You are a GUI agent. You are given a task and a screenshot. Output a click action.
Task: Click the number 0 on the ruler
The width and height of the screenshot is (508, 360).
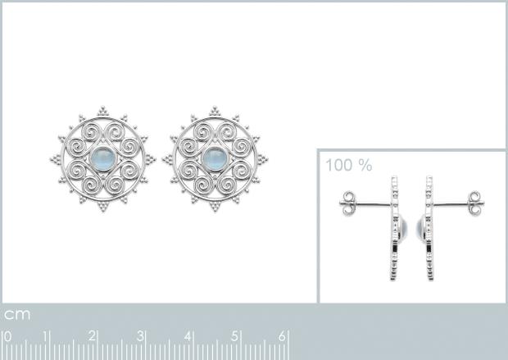[x=7, y=336]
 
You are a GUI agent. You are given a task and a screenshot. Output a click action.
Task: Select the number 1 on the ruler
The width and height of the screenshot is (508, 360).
[x=47, y=336]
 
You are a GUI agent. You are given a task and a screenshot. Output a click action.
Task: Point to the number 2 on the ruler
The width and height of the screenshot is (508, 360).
[x=92, y=336]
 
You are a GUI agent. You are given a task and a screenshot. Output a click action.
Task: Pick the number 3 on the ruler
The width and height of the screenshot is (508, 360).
[x=140, y=336]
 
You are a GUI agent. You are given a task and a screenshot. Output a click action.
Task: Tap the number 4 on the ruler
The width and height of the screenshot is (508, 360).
[x=188, y=336]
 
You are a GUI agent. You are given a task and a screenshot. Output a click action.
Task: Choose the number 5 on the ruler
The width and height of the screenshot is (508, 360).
[x=235, y=336]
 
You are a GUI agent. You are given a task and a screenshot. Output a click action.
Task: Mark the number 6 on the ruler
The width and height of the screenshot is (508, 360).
[x=282, y=336]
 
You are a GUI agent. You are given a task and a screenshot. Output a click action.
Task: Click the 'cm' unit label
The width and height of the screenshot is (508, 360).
[x=17, y=314]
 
